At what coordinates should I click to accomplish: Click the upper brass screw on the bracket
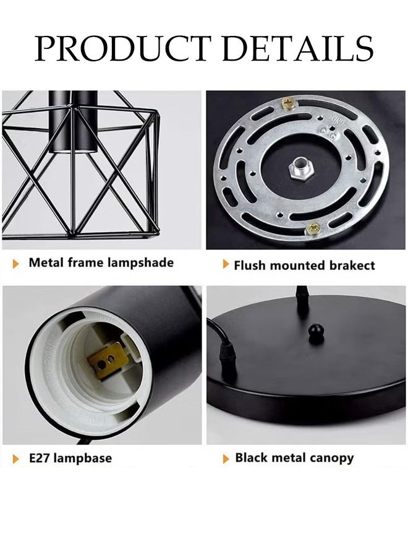tap(287, 102)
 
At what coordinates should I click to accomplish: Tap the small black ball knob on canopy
tap(317, 334)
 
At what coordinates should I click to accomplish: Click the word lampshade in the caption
tap(140, 262)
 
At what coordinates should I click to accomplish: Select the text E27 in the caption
tap(40, 459)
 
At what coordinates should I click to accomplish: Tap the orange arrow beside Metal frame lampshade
tap(17, 264)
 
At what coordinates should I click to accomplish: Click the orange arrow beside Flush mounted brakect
tap(226, 265)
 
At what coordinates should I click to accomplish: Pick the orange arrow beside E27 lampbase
tap(17, 459)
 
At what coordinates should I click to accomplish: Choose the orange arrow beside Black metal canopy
tap(226, 459)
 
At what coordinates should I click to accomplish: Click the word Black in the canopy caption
tap(252, 458)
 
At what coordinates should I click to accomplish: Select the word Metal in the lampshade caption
tap(45, 262)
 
